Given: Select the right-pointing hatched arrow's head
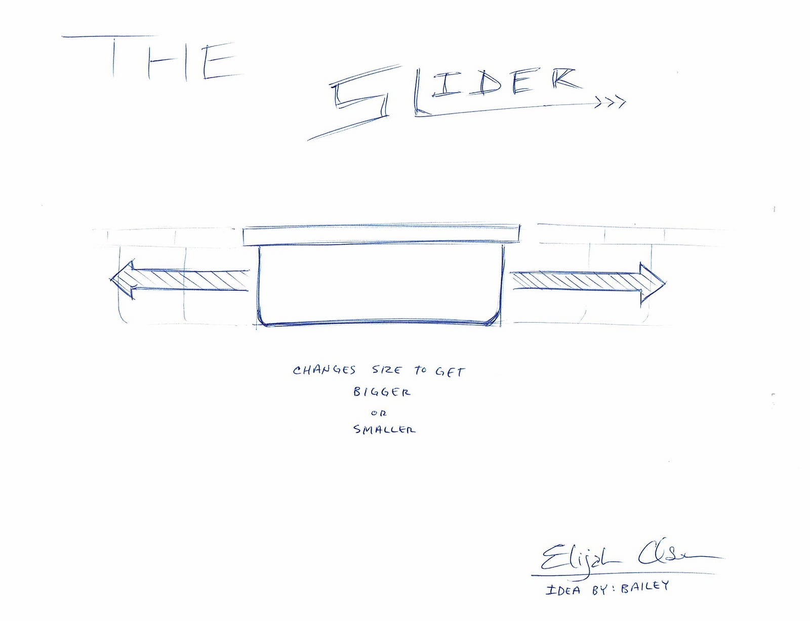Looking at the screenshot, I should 653,282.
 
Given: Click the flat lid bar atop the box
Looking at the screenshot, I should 381,235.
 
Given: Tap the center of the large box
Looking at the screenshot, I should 381,284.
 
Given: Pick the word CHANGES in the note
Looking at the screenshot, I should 324,370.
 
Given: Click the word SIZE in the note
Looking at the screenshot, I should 387,370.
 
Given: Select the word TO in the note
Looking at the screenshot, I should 421,370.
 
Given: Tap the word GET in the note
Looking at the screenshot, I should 450,372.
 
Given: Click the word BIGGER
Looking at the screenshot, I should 382,392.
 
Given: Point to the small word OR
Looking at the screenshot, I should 379,413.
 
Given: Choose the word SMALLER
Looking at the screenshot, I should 384,430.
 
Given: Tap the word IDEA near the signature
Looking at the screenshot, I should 563,590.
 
